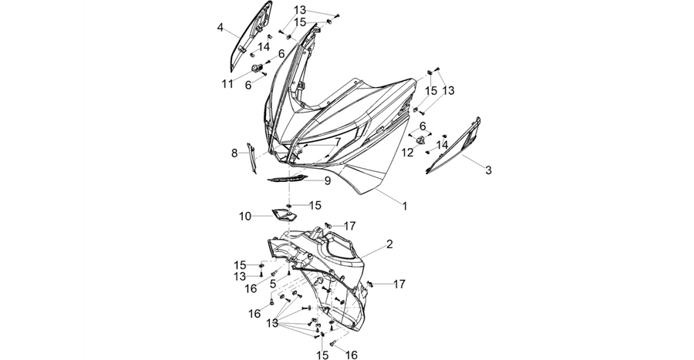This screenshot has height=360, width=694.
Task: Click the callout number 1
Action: (x=405, y=206)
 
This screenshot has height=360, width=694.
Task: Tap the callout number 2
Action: (x=389, y=244)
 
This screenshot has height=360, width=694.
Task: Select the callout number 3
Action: (x=488, y=170)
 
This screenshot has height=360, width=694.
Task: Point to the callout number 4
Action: (x=220, y=28)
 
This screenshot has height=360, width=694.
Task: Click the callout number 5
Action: (x=273, y=283)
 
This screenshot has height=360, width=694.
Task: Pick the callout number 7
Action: (x=337, y=142)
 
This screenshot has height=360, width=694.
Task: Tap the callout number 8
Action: (x=234, y=153)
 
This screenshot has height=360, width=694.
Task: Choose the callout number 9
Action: (x=328, y=181)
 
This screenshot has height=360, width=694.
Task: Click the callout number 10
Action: (x=244, y=217)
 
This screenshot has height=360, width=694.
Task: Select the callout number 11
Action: (x=227, y=83)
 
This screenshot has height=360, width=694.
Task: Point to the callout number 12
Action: (x=407, y=153)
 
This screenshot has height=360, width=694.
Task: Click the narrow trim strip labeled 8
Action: (x=251, y=158)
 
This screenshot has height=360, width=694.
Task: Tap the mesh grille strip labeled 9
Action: (x=285, y=178)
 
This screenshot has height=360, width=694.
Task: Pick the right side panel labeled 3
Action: (x=456, y=146)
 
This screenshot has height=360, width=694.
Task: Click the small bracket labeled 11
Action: (x=257, y=68)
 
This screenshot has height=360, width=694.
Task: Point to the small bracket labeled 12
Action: (x=420, y=140)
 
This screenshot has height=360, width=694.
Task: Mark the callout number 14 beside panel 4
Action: (x=264, y=46)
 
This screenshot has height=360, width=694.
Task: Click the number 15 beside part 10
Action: (x=315, y=205)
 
